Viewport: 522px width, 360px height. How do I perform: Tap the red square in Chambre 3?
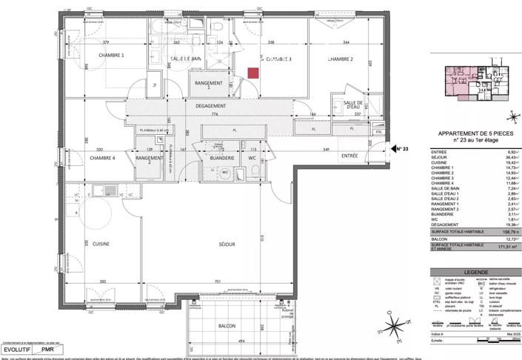click(253, 73)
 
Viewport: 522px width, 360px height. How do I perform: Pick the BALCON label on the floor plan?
click(227, 326)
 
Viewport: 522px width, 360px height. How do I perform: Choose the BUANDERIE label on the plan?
click(221, 158)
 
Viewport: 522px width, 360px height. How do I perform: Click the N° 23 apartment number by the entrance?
click(400, 149)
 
